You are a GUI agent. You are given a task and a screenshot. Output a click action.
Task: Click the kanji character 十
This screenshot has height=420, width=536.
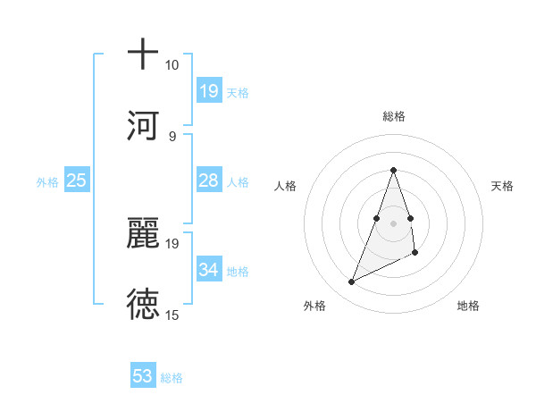(143, 55)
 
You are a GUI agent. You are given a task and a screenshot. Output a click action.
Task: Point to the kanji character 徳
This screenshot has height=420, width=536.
(143, 304)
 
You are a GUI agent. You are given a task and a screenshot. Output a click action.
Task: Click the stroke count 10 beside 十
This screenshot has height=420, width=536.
(172, 65)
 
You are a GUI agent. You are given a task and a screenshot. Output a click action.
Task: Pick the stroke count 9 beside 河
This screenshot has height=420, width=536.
(172, 136)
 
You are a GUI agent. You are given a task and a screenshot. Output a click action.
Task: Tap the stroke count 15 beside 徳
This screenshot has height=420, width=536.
(172, 315)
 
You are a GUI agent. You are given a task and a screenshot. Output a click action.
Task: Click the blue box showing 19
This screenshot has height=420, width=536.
(208, 91)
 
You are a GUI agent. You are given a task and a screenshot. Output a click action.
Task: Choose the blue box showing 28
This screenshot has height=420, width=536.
(208, 181)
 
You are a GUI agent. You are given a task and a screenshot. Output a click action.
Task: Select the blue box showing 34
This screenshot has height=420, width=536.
(208, 270)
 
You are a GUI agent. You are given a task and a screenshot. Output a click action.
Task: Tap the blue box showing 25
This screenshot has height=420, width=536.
(77, 181)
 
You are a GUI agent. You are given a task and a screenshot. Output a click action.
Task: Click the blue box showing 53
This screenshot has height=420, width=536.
(143, 376)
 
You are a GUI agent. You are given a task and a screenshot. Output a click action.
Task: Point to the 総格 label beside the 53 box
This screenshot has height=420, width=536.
(172, 378)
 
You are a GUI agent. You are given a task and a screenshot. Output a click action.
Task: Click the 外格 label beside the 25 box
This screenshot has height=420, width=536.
(47, 182)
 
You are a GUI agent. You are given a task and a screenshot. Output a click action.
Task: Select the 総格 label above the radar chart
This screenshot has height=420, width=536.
(393, 116)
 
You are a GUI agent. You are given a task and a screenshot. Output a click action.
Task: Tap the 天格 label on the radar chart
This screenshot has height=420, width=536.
(502, 186)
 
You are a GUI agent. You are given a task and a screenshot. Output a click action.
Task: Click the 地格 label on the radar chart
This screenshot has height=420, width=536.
(468, 306)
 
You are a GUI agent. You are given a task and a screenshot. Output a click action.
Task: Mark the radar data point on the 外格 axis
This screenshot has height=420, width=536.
(351, 282)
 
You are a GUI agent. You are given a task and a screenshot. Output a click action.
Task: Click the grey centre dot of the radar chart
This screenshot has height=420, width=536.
(393, 223)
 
